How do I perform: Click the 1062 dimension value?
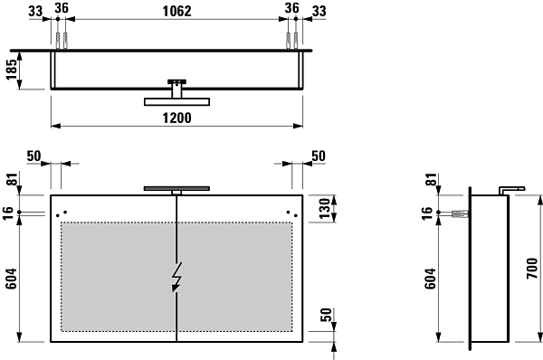pos(177,11)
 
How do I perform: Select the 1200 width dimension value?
pos(177,118)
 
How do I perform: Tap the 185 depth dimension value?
pos(12,70)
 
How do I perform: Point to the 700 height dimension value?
pos(532,269)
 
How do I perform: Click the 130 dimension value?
pos(325,208)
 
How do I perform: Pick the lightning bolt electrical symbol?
pos(177,277)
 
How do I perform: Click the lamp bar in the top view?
pos(177,102)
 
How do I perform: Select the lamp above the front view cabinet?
pos(176,189)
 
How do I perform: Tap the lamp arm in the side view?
pos(511,190)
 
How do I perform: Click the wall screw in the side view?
pos(460,213)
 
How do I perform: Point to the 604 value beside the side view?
pos(430,279)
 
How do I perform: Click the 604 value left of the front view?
pos(11,279)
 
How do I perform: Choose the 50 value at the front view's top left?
pos(34,156)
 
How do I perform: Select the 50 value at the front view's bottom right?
pos(326,315)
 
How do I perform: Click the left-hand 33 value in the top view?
pos(35,11)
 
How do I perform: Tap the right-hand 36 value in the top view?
pos(292,8)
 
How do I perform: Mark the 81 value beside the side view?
pos(432,179)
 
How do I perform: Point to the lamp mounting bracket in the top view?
pos(177,89)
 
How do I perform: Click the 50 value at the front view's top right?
pos(319,156)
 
